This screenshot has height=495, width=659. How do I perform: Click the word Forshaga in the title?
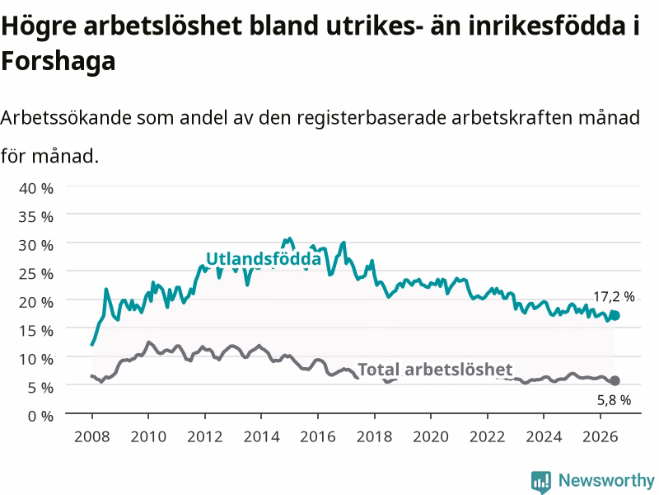tap(58, 61)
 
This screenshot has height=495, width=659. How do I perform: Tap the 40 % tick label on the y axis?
tap(36, 188)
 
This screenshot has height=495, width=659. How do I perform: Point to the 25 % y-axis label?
tap(36, 274)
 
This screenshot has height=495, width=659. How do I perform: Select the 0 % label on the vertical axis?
tap(40, 416)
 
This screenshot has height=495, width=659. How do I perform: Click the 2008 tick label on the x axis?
tap(92, 436)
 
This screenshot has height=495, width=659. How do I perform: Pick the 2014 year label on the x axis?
tap(261, 436)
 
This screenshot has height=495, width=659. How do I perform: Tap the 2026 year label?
tap(601, 436)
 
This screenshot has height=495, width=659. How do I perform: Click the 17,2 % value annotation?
tap(614, 297)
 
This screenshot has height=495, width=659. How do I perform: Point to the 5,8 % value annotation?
tap(614, 400)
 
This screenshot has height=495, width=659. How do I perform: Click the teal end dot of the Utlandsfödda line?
tap(615, 315)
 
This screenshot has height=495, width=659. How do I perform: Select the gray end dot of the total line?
tap(615, 380)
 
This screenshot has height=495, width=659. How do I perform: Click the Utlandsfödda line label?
tap(264, 258)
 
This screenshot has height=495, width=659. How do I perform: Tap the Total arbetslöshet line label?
tap(435, 370)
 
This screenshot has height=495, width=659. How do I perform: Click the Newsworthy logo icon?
tap(541, 482)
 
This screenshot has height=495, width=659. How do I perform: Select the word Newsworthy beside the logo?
tap(606, 480)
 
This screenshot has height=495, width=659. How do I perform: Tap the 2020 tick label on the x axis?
tap(431, 436)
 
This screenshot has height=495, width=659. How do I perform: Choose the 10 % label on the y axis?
tap(36, 359)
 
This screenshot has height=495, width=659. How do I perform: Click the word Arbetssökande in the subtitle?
tap(67, 117)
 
